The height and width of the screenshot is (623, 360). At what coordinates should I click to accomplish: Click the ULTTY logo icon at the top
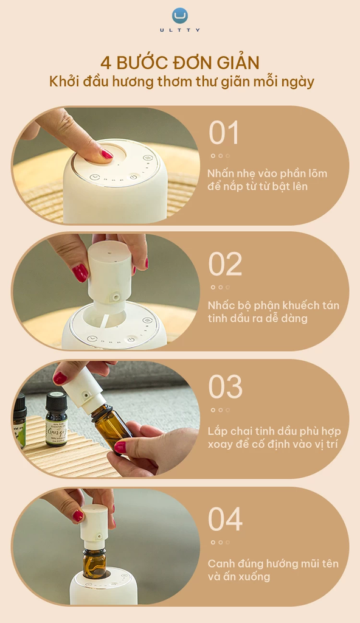pyautogui.click(x=180, y=15)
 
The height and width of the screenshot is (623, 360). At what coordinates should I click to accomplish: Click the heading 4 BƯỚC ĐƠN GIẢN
pyautogui.click(x=180, y=62)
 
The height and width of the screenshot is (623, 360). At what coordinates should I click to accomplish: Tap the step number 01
pyautogui.click(x=224, y=133)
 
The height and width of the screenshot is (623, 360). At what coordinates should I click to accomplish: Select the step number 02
pyautogui.click(x=225, y=264)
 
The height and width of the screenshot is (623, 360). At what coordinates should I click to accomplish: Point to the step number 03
pyautogui.click(x=225, y=387)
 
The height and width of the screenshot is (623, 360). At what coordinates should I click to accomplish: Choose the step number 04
pyautogui.click(x=225, y=519)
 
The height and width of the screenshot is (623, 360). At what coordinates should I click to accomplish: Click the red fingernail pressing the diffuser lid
pyautogui.click(x=107, y=154)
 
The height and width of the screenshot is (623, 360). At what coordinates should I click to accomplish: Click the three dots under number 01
pyautogui.click(x=220, y=156)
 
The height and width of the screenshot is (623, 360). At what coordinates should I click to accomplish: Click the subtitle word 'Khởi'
pyautogui.click(x=62, y=82)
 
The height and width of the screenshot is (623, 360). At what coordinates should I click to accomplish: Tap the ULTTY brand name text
pyautogui.click(x=180, y=29)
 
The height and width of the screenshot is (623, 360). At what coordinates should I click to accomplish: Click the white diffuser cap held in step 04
pyautogui.click(x=94, y=523)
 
